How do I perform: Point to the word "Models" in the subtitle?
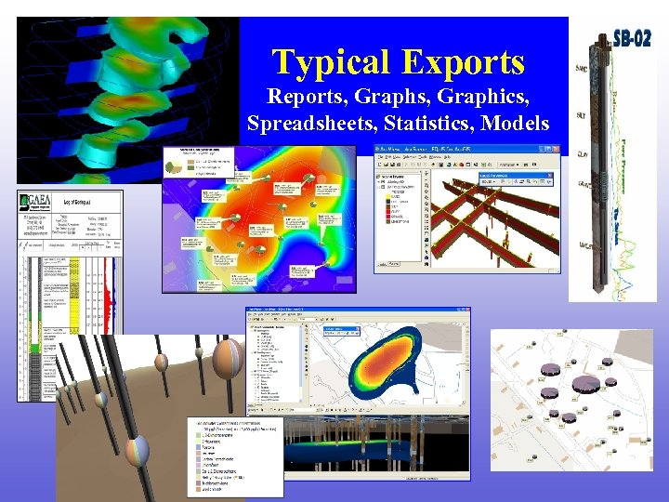click(516, 123)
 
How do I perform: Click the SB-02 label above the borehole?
click(631, 40)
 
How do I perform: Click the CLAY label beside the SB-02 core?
click(582, 154)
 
